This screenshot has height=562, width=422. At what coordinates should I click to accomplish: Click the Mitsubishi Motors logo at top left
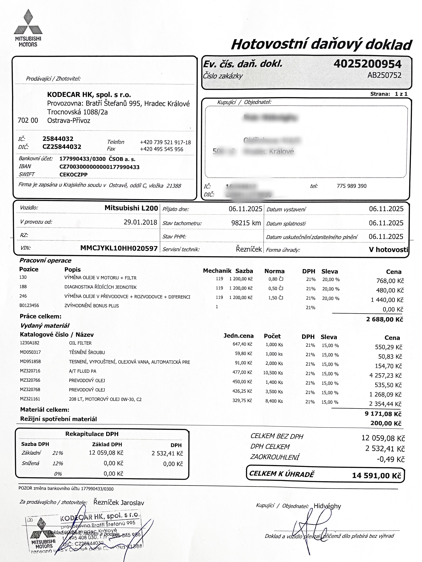[28, 28]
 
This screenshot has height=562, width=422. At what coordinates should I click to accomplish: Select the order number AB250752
[384, 75]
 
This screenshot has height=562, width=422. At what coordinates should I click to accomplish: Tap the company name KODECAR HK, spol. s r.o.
[89, 95]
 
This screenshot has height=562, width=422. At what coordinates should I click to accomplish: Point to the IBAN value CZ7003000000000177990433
[99, 167]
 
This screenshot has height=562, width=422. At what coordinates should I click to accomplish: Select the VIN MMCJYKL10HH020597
[119, 248]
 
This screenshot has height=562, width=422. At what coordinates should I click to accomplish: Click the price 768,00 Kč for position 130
[390, 281]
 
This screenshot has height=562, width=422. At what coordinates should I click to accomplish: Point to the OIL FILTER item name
[80, 343]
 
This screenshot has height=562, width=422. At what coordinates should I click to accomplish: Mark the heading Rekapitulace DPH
[92, 434]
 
